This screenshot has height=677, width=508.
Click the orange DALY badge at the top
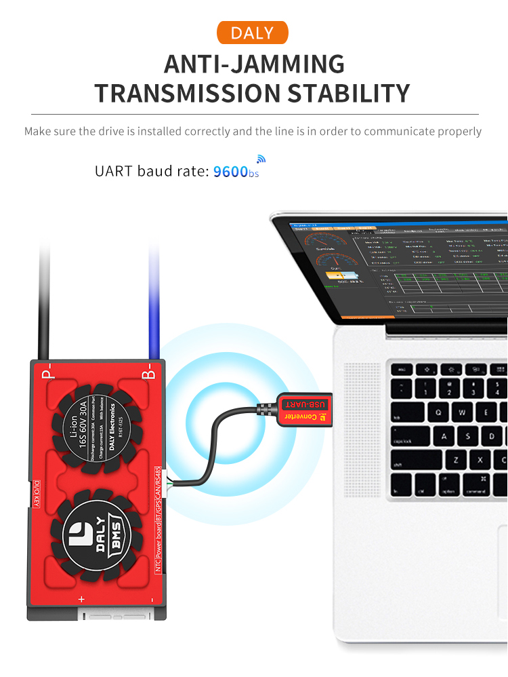[x=252, y=33]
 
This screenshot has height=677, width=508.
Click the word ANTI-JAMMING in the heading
[x=254, y=64]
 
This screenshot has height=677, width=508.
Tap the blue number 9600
[x=230, y=171]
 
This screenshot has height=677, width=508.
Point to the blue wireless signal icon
[x=261, y=160]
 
